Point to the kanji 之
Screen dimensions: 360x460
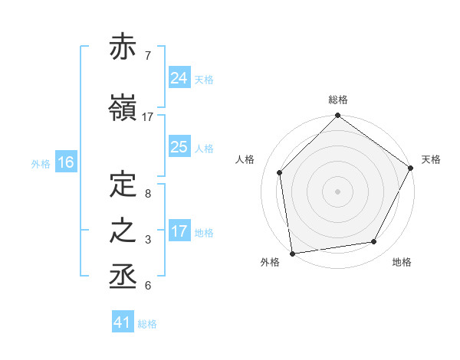tap(123, 231)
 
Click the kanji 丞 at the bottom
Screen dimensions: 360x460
tap(123, 277)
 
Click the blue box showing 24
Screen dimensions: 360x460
tap(179, 77)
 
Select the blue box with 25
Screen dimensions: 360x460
tap(179, 147)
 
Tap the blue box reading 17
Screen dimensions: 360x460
tap(179, 231)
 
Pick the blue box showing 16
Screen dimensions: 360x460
tap(65, 162)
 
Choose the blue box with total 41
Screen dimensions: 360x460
tap(123, 322)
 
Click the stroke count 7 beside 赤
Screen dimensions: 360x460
tap(147, 55)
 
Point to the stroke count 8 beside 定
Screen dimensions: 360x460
tap(147, 195)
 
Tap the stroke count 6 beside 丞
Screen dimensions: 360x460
tap(147, 286)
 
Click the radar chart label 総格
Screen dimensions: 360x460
tap(338, 100)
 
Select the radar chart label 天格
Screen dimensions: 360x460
tap(432, 159)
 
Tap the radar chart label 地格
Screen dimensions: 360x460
tap(402, 262)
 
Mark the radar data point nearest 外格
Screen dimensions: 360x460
tap(292, 253)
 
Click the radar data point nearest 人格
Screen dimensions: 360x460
tap(280, 172)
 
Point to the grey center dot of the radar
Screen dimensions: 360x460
tap(338, 191)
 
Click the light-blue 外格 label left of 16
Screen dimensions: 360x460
tap(41, 163)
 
